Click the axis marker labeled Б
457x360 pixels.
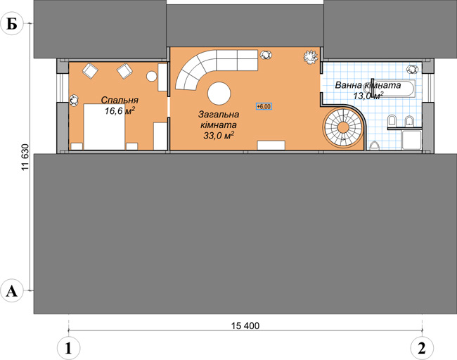point(12,24)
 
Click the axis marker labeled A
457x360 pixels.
point(12,291)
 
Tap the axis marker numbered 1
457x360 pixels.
point(68,348)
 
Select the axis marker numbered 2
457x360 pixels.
point(422,348)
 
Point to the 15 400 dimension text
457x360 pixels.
point(245,326)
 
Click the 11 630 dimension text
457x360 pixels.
point(25,161)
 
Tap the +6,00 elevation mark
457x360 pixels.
point(264,106)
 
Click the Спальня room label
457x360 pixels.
point(120,101)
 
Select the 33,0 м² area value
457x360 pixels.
point(219,135)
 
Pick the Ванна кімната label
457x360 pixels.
point(368,85)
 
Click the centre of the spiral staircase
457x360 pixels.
point(344,128)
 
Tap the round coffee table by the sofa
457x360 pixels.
point(219,94)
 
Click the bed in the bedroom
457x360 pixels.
point(104,127)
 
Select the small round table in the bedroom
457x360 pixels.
point(152,77)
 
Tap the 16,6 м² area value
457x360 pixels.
point(120,111)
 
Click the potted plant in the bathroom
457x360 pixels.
point(412,69)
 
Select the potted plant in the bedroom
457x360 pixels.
point(75,101)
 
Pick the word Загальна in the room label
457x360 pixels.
point(219,115)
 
